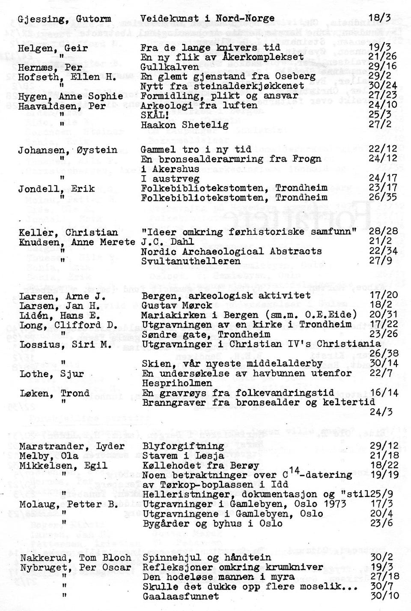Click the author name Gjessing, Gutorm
pos(65,19)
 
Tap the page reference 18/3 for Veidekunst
pos(380,18)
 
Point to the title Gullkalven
pos(170,67)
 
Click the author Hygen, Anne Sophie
pos(71,96)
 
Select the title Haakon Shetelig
pos(185,125)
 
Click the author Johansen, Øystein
pos(67,150)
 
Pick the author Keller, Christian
pos(68,233)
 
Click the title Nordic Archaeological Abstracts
pos(231,252)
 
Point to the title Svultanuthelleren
pos(191,261)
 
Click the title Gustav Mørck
pos(177,305)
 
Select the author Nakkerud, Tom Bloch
pos(75,557)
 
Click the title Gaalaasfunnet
pos(181,596)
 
